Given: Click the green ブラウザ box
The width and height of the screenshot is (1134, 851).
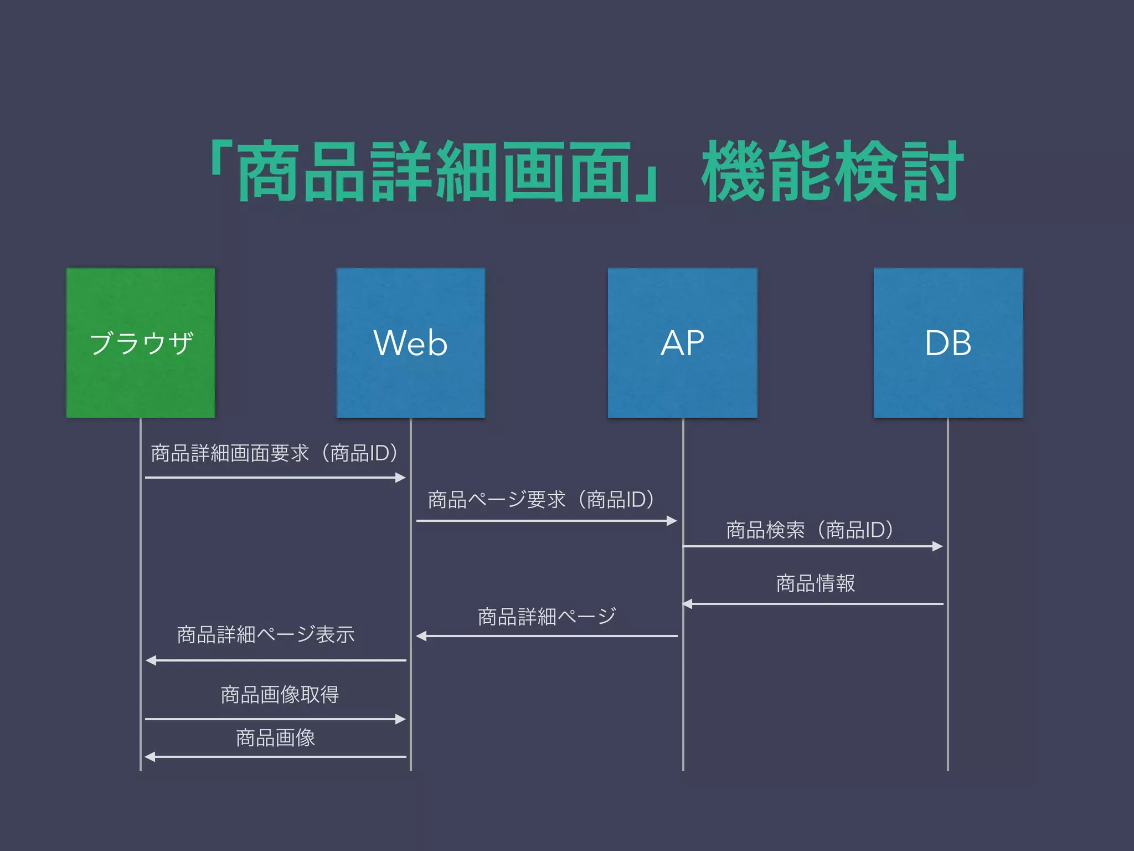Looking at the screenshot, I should (141, 342).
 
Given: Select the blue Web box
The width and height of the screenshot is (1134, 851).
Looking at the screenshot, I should (410, 342).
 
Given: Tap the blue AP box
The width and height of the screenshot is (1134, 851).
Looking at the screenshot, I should (682, 342).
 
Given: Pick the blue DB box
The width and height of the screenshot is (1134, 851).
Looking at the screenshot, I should (948, 342).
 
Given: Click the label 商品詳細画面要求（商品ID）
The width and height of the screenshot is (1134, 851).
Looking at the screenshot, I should (275, 453).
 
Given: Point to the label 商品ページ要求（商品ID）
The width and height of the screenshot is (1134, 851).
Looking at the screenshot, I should (542, 500).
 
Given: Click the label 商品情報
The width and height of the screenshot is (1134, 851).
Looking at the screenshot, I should (815, 583).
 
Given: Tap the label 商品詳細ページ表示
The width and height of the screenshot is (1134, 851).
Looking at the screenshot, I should (266, 634).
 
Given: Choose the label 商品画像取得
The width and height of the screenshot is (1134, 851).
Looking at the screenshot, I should (280, 694).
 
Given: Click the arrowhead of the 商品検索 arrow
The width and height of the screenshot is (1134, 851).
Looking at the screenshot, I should (937, 546).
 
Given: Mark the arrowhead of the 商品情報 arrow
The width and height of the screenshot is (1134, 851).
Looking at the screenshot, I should (688, 604).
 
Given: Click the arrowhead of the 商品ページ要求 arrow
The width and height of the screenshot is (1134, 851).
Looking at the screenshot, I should (672, 521).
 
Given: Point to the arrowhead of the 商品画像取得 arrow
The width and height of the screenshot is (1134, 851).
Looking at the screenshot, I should (401, 719).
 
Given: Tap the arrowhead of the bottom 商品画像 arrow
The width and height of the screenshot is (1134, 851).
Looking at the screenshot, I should (150, 757).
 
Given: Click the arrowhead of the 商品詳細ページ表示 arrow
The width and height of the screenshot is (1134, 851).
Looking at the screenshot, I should (151, 660).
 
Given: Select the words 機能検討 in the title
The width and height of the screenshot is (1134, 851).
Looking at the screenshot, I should (833, 172).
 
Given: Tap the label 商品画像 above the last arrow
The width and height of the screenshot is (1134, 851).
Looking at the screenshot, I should (275, 738).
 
